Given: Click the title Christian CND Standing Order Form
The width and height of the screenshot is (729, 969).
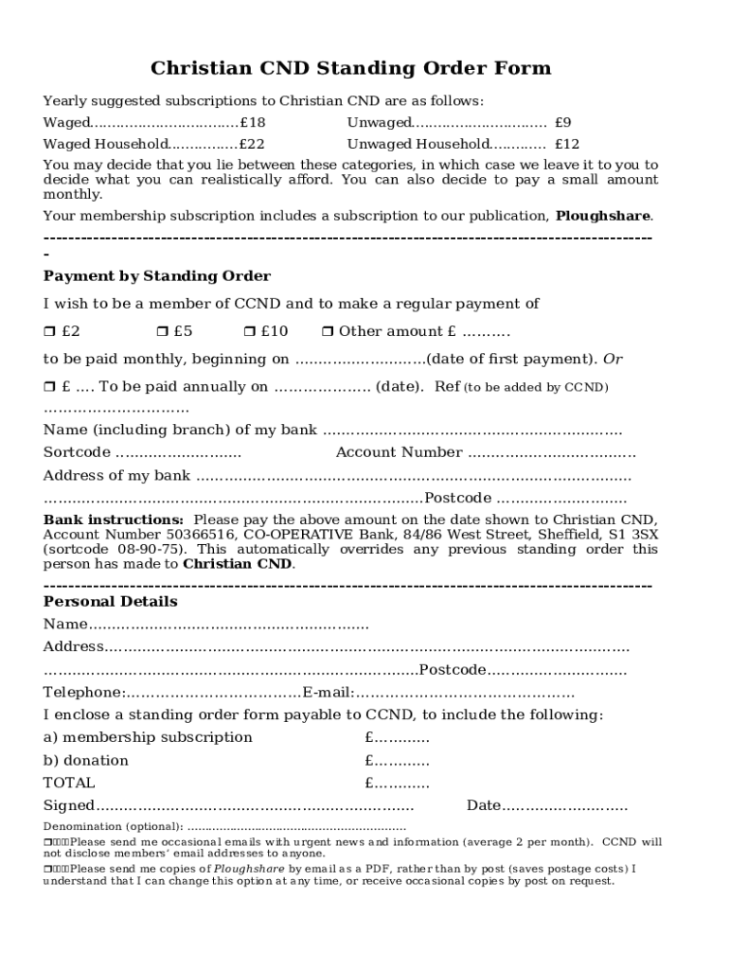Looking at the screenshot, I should tap(350, 69).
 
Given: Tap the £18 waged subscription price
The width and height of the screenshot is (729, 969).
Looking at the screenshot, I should tap(253, 123).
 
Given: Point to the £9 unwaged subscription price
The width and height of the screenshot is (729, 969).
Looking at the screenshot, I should tap(562, 123).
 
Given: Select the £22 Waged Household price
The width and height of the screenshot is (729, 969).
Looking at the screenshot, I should tap(252, 145).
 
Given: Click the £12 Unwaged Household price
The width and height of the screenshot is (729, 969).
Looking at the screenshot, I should tap(566, 145).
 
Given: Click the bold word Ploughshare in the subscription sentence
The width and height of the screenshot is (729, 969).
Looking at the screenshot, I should tap(602, 216).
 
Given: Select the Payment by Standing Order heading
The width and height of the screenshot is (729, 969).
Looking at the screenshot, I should tap(157, 276).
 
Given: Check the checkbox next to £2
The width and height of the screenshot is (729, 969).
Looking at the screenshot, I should tap(49, 332).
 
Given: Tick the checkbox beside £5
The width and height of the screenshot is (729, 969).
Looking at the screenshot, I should tap(162, 332).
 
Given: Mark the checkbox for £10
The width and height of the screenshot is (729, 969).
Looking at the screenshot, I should tap(249, 332).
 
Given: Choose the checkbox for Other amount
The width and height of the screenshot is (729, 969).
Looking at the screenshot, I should tap(328, 332).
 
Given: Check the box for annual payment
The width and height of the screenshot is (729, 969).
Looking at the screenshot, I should tap(49, 387).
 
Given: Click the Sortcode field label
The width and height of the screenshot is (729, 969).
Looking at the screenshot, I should tap(77, 452).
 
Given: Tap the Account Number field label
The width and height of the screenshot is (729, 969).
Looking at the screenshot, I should tap(399, 452).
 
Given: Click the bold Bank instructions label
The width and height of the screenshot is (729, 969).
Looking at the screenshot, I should tap(114, 520).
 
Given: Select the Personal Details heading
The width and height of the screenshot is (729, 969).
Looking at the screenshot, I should tap(110, 602).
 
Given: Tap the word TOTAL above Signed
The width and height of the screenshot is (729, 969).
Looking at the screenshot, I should tap(69, 783).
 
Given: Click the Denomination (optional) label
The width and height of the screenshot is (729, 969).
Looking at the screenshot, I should tap(114, 827).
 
